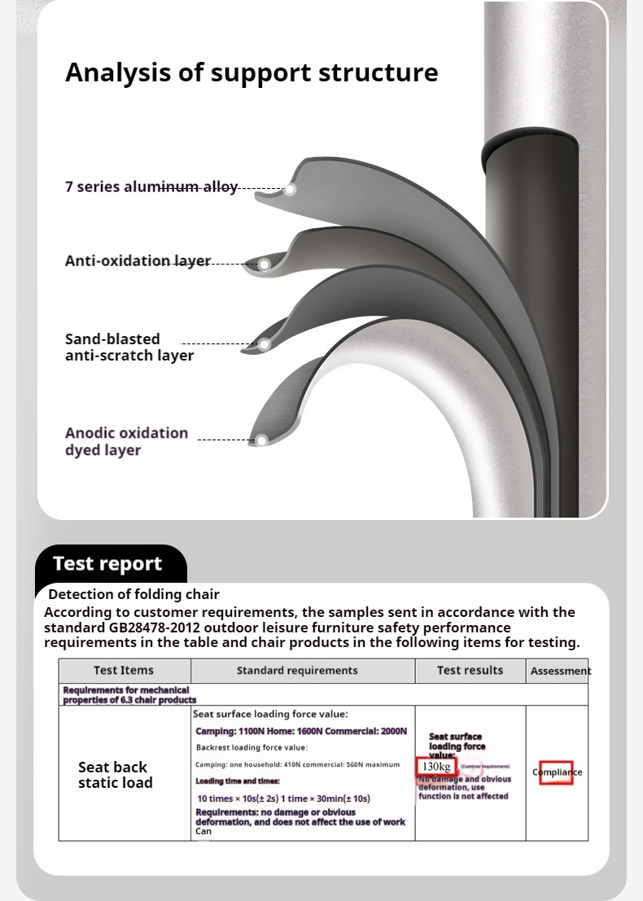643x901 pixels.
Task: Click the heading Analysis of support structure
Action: (252, 72)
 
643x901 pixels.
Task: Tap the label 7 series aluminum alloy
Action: (151, 187)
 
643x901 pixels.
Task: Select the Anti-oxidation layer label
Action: (138, 261)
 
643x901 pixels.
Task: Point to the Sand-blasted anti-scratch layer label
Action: (129, 348)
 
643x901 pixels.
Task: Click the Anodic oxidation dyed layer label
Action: (126, 441)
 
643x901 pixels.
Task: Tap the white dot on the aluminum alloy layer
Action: (290, 189)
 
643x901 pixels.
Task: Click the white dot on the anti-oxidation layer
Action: (265, 264)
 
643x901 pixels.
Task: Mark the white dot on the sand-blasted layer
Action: (265, 344)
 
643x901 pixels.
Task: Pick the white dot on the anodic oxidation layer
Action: (262, 440)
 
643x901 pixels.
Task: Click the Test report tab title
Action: (107, 564)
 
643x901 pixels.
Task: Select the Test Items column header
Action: (124, 671)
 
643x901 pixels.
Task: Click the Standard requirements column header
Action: (297, 671)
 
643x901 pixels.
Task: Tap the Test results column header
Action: (470, 671)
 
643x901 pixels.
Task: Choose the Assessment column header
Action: (560, 671)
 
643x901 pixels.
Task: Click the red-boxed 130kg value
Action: (436, 767)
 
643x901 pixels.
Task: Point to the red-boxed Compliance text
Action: (557, 772)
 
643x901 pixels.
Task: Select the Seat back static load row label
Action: (115, 775)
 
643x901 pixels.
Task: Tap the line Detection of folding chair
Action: (133, 595)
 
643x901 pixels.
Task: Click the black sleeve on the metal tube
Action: (530, 326)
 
